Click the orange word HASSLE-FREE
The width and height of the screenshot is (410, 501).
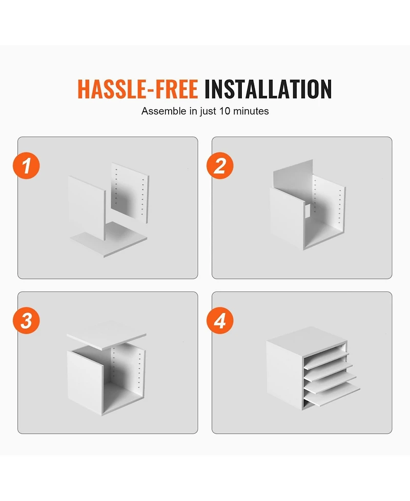click(138, 89)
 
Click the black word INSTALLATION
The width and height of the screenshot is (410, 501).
click(268, 89)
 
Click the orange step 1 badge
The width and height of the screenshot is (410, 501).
click(27, 166)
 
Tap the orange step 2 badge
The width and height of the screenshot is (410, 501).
click(220, 166)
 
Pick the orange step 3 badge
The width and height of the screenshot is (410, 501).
click(27, 320)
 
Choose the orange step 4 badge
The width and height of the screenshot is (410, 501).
click(220, 320)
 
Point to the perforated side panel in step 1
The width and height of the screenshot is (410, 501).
click(130, 193)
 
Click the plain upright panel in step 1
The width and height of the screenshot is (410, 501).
click(87, 208)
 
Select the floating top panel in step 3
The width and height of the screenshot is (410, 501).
click(107, 335)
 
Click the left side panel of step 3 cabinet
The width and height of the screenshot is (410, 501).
click(85, 383)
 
